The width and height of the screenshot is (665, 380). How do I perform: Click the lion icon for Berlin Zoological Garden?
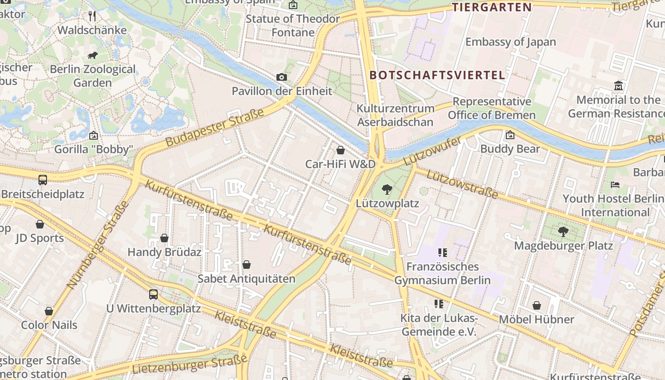coord(93,56)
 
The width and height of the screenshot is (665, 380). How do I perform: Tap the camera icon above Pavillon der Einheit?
coord(281,77)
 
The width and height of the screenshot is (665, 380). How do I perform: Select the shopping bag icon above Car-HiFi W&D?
coord(341,151)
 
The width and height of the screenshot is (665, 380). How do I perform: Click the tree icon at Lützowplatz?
coord(387,190)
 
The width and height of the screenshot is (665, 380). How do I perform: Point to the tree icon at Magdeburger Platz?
coord(563,232)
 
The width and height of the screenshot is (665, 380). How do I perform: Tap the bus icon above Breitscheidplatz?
coord(43,180)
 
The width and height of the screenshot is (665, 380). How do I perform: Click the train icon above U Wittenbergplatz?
coord(153,294)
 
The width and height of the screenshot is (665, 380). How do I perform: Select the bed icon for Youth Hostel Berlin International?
coord(615,184)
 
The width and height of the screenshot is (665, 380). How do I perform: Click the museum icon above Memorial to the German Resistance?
coord(618,86)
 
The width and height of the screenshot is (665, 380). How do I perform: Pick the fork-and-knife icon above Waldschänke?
coord(93,16)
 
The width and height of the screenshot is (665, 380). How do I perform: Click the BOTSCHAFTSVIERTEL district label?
coord(437,75)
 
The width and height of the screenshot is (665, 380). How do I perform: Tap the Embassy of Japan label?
coord(510,42)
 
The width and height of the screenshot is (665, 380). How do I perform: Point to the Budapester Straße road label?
coord(215,127)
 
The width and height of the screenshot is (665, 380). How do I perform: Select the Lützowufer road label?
coord(432,151)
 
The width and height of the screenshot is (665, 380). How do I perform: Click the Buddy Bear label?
coord(510,149)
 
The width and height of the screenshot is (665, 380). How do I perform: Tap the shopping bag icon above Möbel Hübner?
coord(537,305)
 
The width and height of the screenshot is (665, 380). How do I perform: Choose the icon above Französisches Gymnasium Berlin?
coord(443,253)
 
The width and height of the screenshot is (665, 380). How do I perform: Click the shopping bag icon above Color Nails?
coord(49,311)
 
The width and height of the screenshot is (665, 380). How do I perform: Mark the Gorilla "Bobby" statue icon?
coord(93,136)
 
